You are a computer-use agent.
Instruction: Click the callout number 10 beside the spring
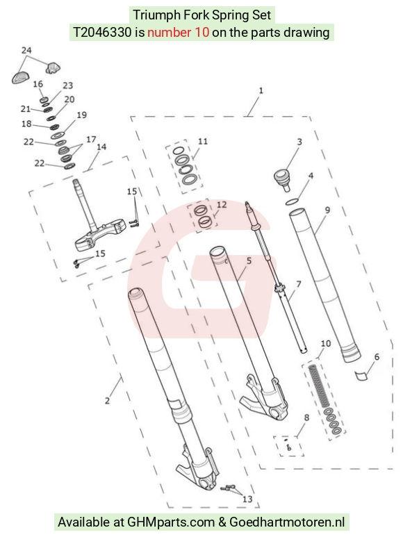pos(326,343)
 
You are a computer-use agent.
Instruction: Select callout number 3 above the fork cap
pos(299,142)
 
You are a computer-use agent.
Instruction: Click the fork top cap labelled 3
pos(282,179)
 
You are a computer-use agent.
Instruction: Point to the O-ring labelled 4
pos(292,202)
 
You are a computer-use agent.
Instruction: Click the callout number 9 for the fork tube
pos(327,210)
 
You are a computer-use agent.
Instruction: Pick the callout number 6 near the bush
pos(377,357)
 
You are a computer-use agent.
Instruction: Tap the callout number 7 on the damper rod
pos(299,284)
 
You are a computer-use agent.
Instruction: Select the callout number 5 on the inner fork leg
pos(249,261)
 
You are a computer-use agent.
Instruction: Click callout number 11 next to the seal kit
pos(203,141)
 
